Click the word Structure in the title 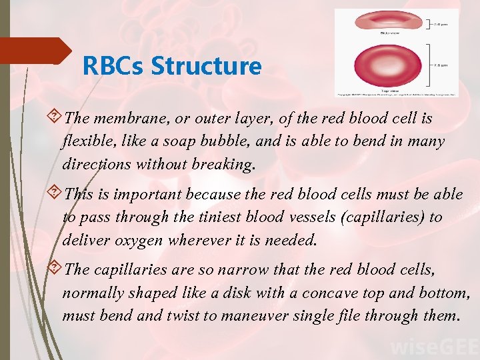(206, 66)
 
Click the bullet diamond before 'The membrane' (55, 119)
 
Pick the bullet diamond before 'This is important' (55, 194)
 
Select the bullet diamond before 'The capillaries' (55, 269)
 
